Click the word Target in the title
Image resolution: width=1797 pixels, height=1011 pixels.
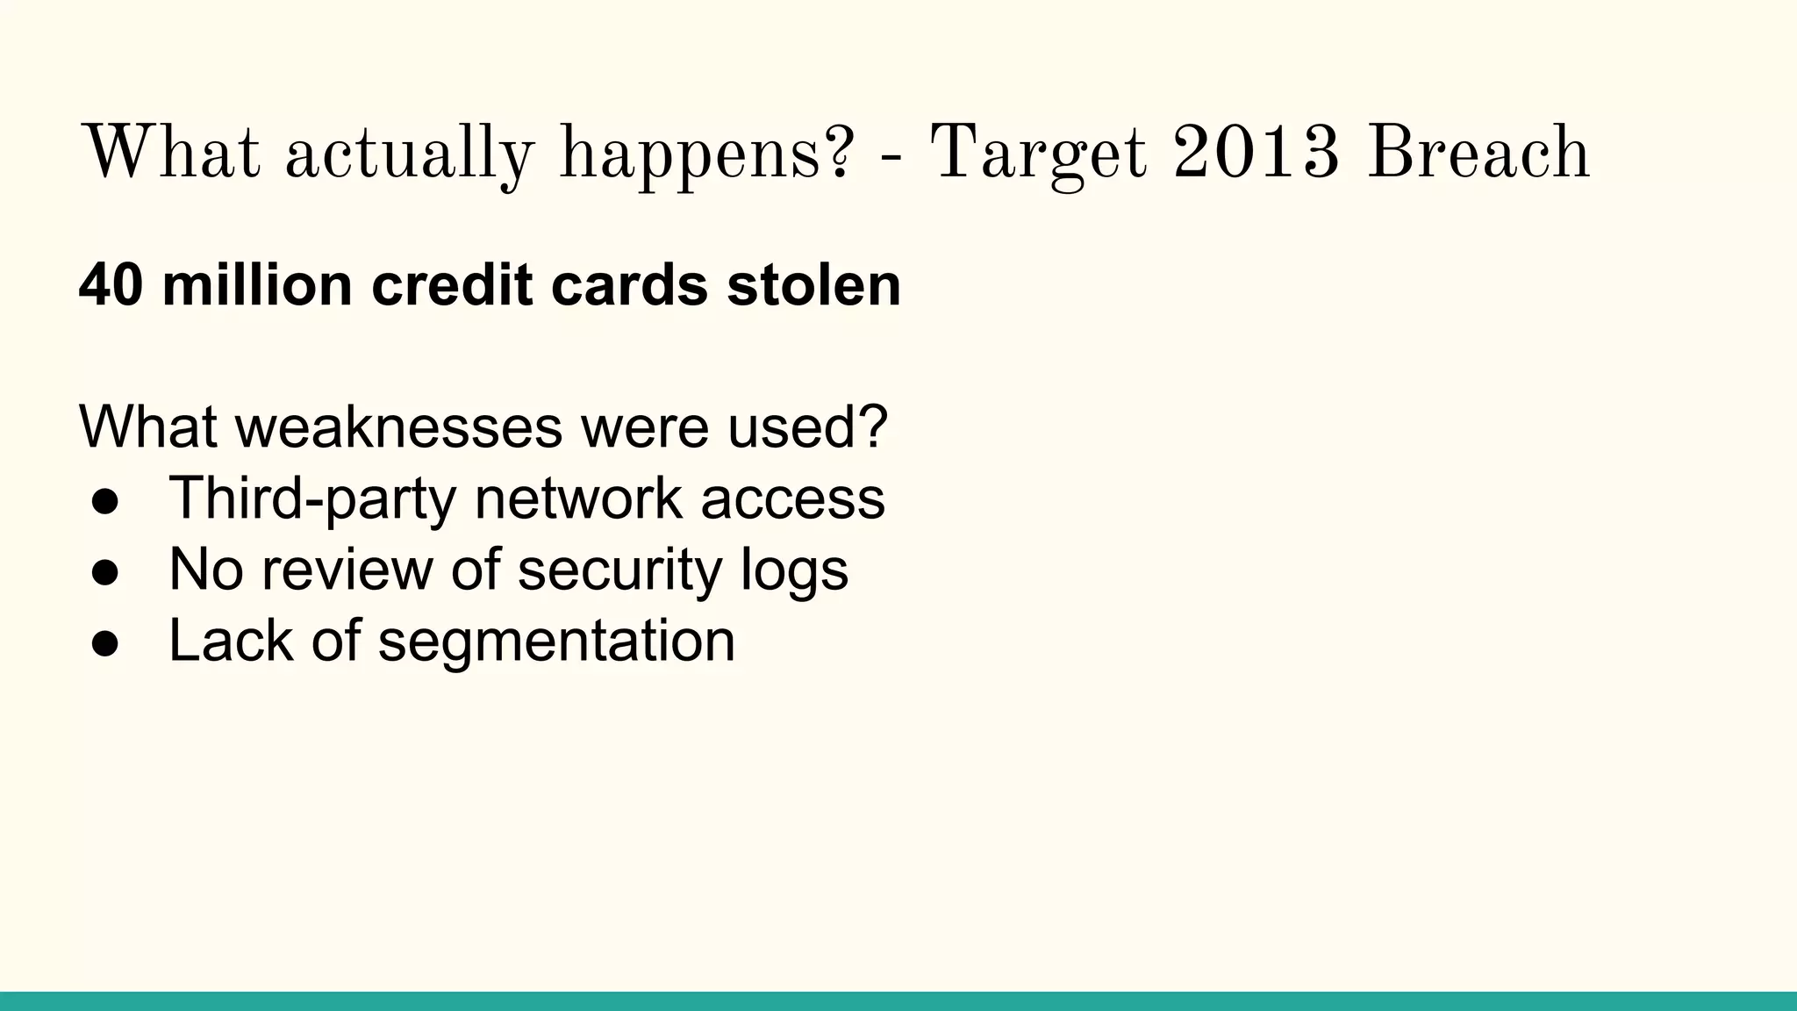point(1039,154)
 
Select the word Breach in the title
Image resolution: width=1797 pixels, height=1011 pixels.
point(1478,153)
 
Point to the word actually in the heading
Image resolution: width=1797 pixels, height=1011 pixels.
point(409,156)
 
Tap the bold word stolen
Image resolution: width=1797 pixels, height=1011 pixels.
point(813,285)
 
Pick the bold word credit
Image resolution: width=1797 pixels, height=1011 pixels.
point(451,285)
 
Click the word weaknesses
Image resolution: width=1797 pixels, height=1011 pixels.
point(397,427)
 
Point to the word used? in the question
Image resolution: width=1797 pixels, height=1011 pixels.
point(808,427)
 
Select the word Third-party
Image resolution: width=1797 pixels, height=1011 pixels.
point(311,500)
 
